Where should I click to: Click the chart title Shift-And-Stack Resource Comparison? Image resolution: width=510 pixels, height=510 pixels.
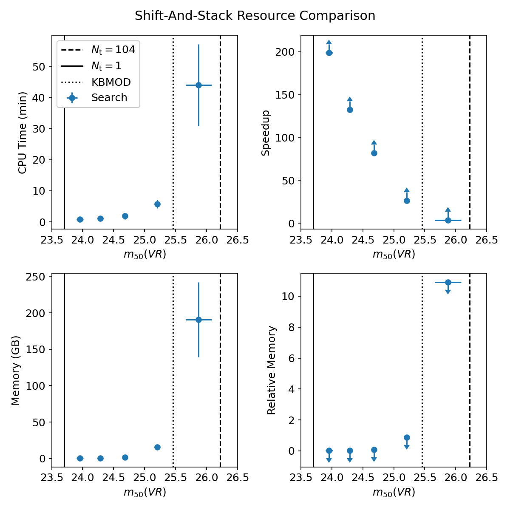[255, 16]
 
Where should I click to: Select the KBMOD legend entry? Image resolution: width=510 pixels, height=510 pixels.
[111, 82]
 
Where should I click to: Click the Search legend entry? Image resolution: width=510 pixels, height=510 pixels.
[109, 98]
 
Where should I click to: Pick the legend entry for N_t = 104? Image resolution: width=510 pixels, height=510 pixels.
[113, 50]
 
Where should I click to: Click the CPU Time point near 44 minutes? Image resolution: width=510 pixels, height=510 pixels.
[198, 85]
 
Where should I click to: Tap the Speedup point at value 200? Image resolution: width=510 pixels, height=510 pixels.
[329, 53]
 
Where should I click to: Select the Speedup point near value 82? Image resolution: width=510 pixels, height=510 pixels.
[374, 153]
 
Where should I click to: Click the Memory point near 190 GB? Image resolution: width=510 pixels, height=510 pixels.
[198, 320]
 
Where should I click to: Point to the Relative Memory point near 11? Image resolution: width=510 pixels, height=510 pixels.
[448, 282]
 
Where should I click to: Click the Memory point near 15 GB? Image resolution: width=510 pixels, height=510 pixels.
[157, 447]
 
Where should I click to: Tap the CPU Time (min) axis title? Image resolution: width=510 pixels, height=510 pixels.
[23, 133]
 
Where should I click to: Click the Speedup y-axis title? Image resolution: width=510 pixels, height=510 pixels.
[266, 133]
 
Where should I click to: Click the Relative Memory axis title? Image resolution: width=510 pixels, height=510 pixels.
[272, 370]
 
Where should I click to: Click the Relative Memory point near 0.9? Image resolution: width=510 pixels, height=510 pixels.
[407, 437]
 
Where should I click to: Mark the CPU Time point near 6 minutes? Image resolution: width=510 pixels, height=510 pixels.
[157, 204]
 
